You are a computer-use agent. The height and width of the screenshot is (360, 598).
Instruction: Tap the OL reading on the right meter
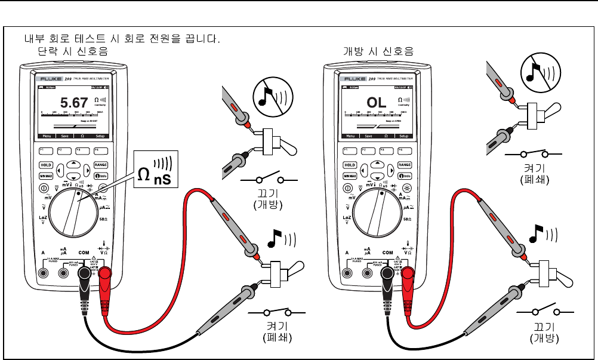[377, 103]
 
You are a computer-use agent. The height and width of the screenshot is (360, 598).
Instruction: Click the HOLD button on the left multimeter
[46, 165]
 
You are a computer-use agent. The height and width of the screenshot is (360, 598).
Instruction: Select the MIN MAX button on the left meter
[47, 176]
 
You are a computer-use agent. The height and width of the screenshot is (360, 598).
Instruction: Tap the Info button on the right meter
[405, 176]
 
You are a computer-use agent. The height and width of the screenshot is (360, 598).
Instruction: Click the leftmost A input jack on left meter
[44, 273]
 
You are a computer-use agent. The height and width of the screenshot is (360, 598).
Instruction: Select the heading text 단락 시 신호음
[73, 51]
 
